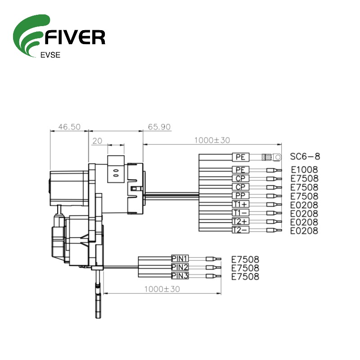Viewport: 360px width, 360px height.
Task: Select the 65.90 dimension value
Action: click(159, 127)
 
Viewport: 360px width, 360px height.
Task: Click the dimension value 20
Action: click(97, 141)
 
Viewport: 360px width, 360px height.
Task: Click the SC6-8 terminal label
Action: click(305, 157)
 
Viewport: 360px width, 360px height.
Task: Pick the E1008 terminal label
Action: click(304, 170)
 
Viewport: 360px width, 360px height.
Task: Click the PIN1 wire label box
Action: click(180, 259)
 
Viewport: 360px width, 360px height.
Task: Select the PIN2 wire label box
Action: click(180, 267)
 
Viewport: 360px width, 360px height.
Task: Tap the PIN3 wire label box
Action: click(180, 276)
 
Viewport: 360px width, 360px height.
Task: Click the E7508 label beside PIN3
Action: click(245, 276)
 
